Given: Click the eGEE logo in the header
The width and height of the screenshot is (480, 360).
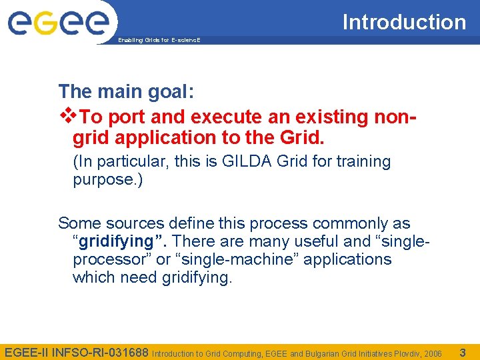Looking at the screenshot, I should (58, 21).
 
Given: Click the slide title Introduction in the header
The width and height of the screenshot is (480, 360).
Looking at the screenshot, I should (404, 22).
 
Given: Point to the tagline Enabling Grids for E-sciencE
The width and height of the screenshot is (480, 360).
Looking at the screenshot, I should (159, 41).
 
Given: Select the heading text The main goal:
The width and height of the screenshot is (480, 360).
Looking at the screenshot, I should (126, 91).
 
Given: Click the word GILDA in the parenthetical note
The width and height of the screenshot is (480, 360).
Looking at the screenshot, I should (237, 161).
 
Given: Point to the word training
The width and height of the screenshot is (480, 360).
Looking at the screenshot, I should (364, 161).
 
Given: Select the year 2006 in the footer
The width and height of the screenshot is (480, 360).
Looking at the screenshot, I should (433, 353).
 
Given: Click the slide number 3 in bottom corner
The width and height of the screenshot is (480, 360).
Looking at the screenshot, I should (463, 351).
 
